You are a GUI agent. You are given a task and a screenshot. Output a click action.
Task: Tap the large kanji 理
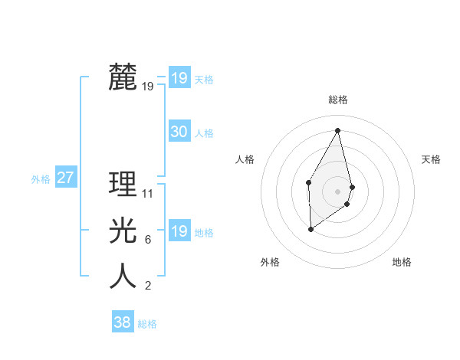[123, 184]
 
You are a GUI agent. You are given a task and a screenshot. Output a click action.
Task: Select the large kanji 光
[123, 230]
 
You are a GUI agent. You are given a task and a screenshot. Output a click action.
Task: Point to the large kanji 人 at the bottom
[123, 276]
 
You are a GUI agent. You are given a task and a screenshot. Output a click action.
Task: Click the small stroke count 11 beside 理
[148, 194]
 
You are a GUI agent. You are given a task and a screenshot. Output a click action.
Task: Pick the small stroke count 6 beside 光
[147, 240]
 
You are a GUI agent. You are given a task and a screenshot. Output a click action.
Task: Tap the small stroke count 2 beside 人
[147, 286]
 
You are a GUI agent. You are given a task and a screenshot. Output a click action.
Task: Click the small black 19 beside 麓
[148, 87]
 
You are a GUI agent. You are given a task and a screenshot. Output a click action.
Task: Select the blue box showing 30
[179, 132]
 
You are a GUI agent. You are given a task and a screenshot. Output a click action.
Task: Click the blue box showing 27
[65, 178]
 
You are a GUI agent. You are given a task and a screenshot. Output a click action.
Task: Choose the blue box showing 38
[122, 322]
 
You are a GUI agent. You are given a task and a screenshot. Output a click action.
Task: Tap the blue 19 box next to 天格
[179, 78]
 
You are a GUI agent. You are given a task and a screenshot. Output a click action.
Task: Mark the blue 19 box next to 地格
[179, 231]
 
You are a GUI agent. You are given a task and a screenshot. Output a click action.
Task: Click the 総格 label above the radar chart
[338, 100]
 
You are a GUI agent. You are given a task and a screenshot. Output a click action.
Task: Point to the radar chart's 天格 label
[431, 159]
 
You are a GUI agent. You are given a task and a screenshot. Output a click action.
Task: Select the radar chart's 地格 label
[402, 262]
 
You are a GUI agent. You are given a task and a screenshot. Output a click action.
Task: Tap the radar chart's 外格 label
[270, 262]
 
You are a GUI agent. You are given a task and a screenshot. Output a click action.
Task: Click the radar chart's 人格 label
[245, 159]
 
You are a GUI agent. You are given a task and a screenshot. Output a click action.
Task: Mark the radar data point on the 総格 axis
[338, 129]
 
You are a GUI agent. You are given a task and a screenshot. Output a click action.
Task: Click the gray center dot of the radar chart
[338, 191]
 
